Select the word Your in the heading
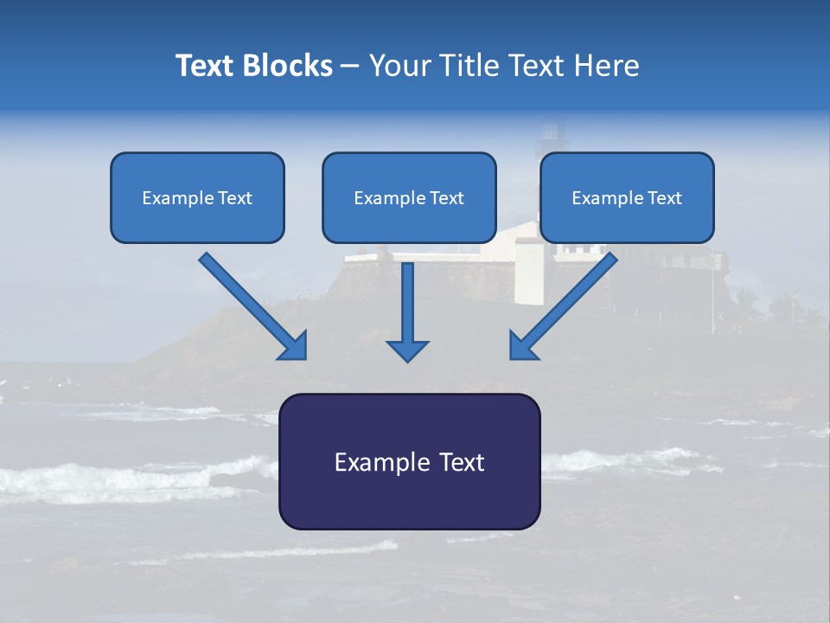401,66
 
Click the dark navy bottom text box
409,502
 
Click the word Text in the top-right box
664,198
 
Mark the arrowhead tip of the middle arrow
407,360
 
